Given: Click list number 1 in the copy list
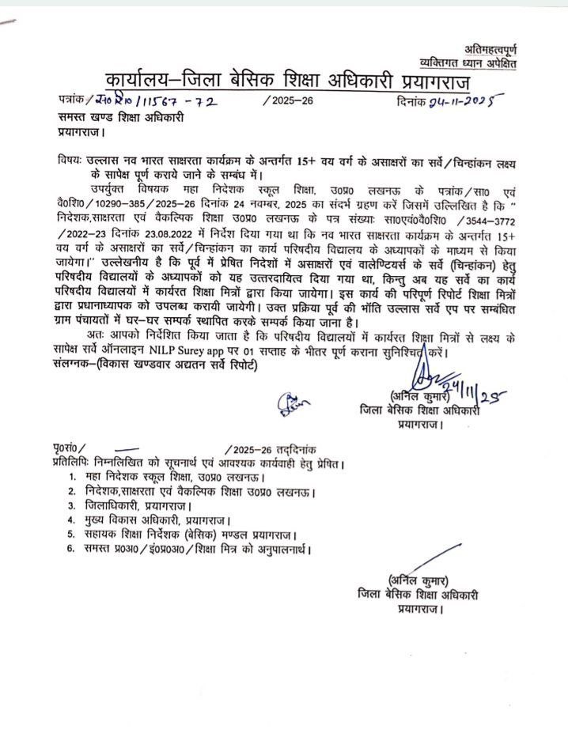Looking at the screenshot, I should (x=71, y=477).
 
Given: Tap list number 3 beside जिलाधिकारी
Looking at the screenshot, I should (x=71, y=506).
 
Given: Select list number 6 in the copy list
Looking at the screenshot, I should (x=71, y=549).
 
